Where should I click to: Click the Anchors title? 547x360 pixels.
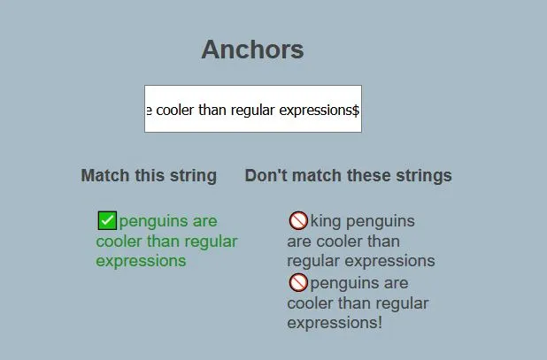pos(252,50)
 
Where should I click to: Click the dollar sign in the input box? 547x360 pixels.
pos(355,111)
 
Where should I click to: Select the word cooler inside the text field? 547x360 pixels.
pos(174,111)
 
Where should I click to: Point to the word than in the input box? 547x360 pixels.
pos(212,111)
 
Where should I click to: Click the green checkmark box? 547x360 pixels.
pos(107,220)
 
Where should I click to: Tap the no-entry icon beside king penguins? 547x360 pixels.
pos(298,220)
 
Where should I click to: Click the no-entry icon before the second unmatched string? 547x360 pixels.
pos(298,282)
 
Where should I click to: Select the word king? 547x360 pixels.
pos(326,222)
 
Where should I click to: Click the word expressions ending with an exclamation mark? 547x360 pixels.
pos(335,323)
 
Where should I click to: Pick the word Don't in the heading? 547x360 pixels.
pos(266,175)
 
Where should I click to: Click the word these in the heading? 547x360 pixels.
pos(369,175)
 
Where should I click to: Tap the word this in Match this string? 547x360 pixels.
pos(150,175)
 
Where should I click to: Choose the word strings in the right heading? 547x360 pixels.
pos(424,176)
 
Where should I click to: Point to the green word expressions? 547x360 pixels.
pos(141,261)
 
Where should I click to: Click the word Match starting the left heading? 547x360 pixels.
pos(105,175)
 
